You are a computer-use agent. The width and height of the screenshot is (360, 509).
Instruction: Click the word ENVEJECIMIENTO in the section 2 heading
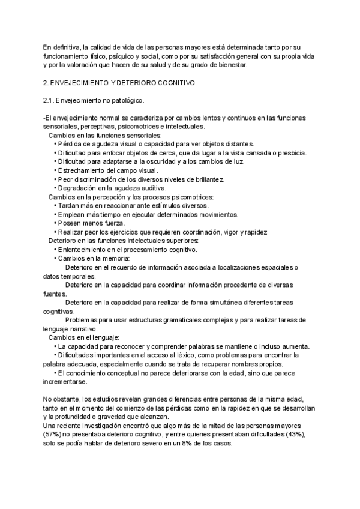pos(83,82)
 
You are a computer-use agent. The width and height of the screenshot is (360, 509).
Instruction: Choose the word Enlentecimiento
pos(88,250)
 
